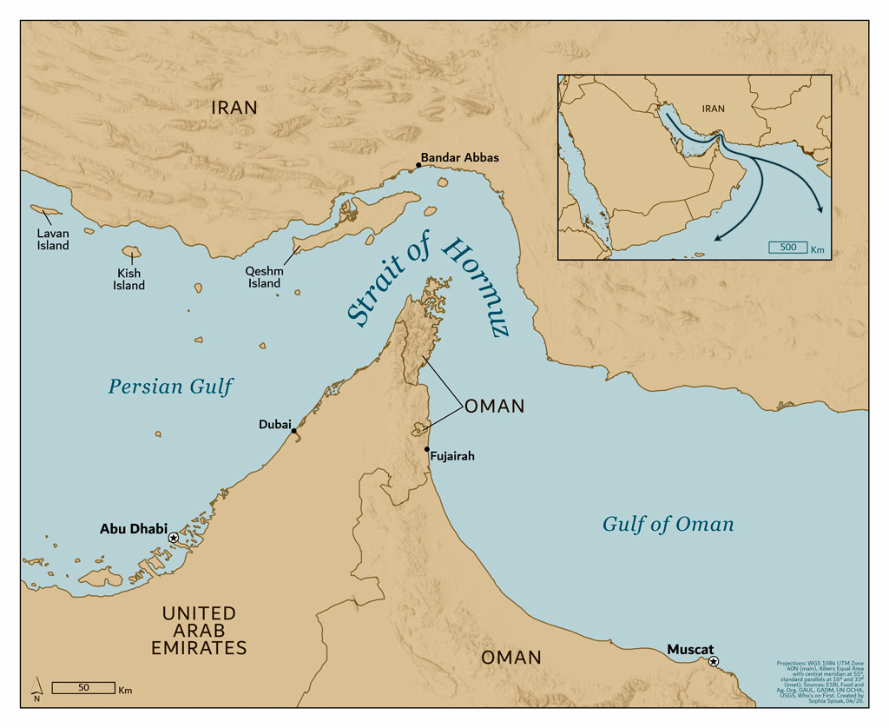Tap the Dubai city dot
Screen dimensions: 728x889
point(294,431)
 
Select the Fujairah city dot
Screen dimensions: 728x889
point(427,449)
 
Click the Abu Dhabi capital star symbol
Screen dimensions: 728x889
point(174,538)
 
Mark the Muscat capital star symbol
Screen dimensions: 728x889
point(713,662)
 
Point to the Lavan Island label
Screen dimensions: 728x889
point(52,240)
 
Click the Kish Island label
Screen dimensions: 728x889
point(128,280)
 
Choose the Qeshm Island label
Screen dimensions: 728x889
point(265,277)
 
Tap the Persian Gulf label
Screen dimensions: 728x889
point(170,387)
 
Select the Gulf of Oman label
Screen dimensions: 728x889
point(668,524)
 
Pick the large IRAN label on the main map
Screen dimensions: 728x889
point(234,108)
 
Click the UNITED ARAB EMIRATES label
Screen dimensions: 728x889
point(199,631)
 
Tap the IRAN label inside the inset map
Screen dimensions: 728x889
point(712,109)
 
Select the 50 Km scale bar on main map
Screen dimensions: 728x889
point(83,687)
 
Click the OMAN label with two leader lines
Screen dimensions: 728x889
point(494,407)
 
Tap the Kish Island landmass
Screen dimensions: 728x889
point(131,253)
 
